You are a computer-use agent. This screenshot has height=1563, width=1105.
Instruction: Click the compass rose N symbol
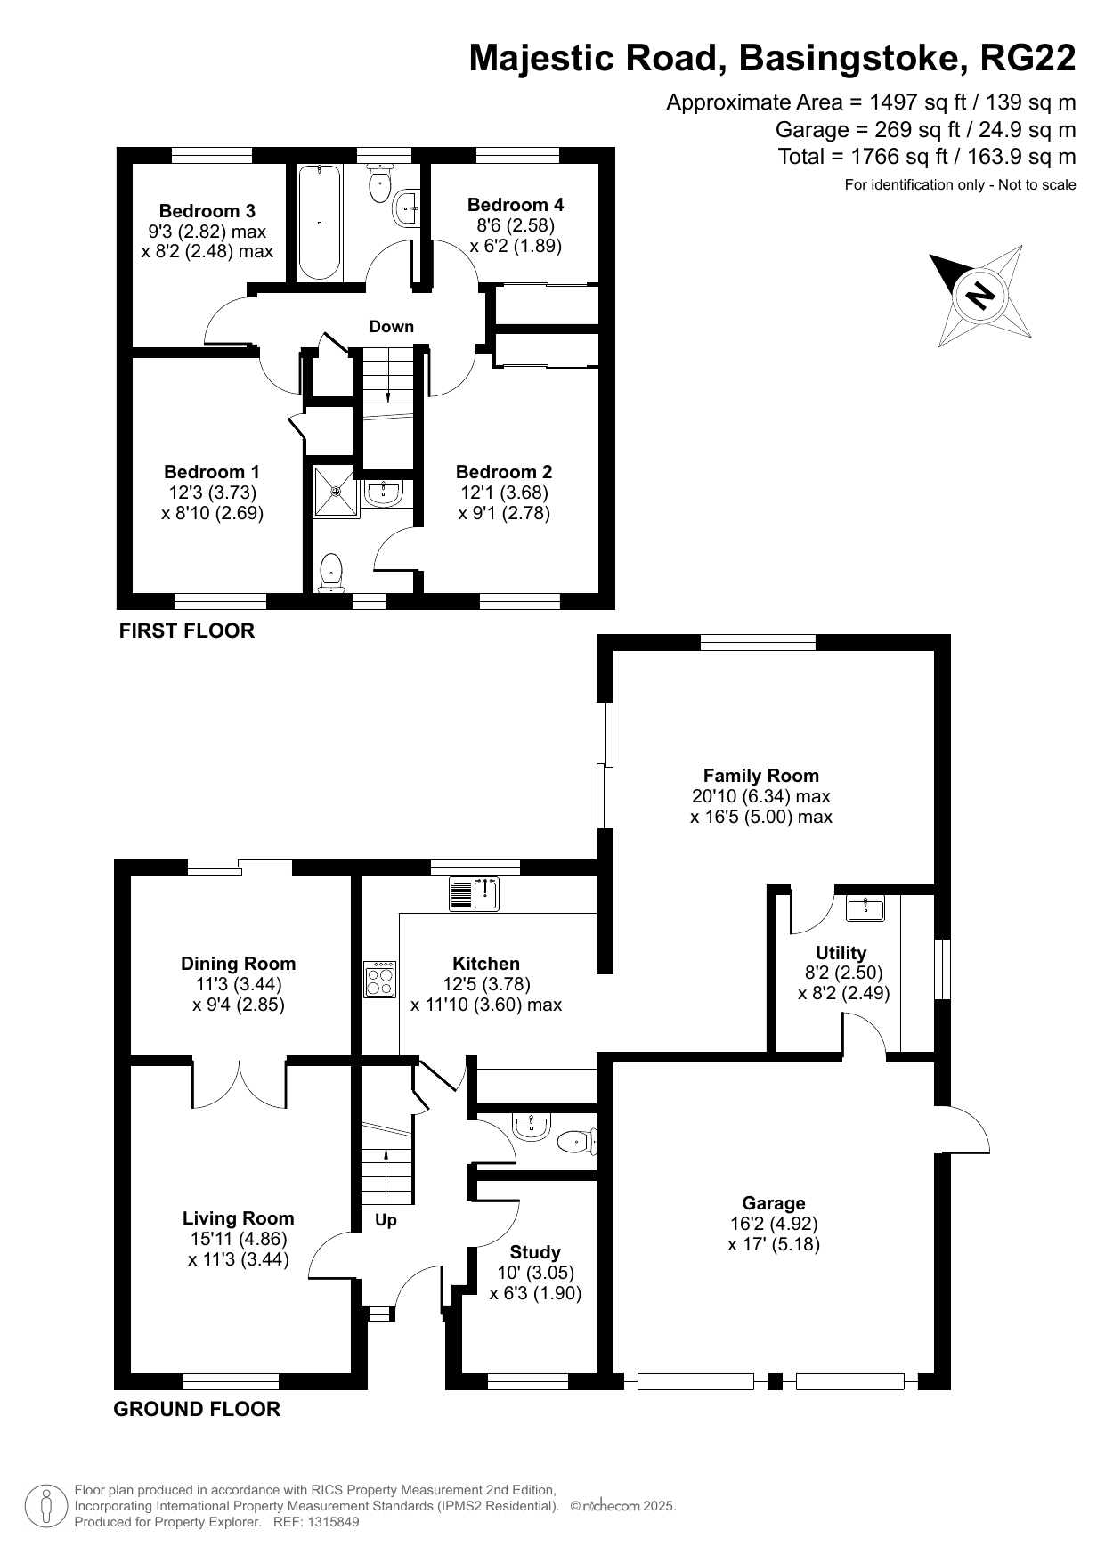click(980, 295)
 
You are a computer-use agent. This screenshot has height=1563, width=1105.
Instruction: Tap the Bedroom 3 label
click(207, 211)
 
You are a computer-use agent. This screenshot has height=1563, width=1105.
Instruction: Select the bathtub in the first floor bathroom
click(319, 223)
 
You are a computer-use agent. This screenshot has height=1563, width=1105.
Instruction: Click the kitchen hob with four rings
click(381, 980)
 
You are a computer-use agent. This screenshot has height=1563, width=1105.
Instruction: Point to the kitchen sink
click(474, 893)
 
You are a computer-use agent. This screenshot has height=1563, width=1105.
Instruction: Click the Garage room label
click(774, 1203)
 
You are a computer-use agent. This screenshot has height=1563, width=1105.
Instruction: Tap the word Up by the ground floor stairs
click(386, 1221)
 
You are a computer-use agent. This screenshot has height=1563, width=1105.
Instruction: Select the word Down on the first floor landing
click(392, 326)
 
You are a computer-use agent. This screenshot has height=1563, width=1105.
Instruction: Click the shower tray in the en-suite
click(336, 492)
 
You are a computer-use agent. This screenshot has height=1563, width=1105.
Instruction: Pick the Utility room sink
click(865, 908)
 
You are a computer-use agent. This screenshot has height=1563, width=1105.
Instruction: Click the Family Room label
click(761, 776)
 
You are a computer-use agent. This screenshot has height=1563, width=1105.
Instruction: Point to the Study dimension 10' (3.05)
click(536, 1273)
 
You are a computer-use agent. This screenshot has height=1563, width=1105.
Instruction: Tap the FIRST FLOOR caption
click(187, 631)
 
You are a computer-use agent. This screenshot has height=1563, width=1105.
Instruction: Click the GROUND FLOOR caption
click(197, 1409)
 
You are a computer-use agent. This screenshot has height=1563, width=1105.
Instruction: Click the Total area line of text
click(927, 157)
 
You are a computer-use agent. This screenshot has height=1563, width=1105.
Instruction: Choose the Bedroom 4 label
click(516, 205)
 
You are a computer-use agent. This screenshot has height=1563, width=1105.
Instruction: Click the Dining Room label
click(239, 964)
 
